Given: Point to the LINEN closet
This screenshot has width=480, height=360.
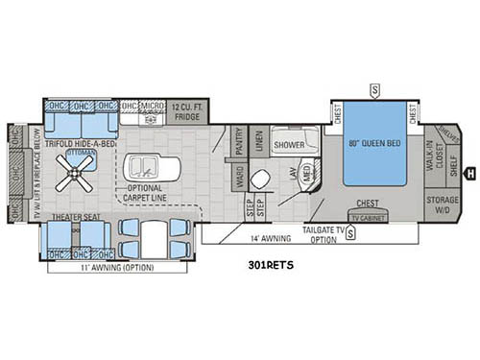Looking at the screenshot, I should (x=258, y=143).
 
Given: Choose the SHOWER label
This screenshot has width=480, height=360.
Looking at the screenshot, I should (x=289, y=145).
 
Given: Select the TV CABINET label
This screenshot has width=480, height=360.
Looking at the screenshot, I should (x=366, y=217).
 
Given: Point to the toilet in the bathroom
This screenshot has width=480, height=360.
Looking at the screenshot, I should (x=260, y=180).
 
